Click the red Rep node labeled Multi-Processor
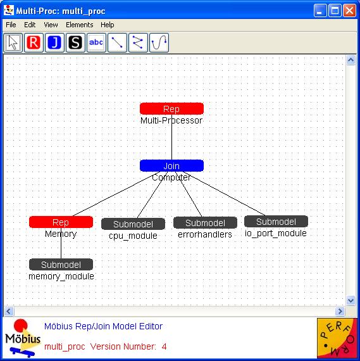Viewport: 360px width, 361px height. [x=171, y=109]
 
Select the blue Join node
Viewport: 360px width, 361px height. [x=171, y=166]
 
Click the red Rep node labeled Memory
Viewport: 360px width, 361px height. [x=61, y=222]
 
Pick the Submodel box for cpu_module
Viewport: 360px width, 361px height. [x=133, y=224]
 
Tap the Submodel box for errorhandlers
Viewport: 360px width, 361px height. [x=205, y=223]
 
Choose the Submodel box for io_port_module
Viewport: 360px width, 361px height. [x=276, y=222]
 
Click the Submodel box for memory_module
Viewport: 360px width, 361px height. [x=61, y=265]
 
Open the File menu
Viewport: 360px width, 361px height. [x=11, y=25]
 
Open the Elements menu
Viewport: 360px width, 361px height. [x=79, y=25]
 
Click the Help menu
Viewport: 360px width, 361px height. [x=107, y=25]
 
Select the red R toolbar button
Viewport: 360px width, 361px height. [x=34, y=42]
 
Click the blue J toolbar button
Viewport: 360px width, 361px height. [x=54, y=42]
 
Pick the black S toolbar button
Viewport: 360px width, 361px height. [x=75, y=42]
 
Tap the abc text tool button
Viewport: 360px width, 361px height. [x=96, y=42]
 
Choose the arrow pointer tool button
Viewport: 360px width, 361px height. [x=13, y=42]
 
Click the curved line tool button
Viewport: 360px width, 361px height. [x=159, y=42]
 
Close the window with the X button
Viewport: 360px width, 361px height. [x=349, y=11]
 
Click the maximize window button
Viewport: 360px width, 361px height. [x=335, y=11]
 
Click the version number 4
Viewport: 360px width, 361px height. [x=164, y=346]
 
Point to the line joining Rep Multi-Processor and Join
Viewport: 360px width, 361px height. [x=171, y=137]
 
